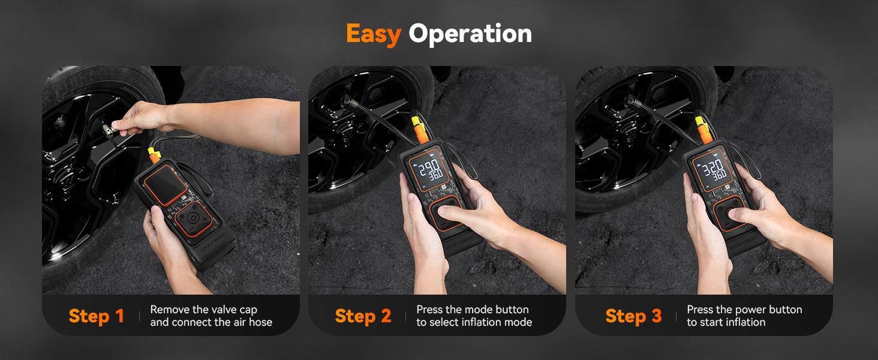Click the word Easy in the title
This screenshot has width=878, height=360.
(373, 34)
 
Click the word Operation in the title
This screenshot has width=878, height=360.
(470, 34)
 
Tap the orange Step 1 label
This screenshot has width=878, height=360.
(96, 316)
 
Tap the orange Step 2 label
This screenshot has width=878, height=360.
(363, 316)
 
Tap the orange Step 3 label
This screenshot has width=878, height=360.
(633, 316)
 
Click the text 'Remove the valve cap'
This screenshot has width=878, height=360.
(203, 310)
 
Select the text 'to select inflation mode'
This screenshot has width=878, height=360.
(474, 322)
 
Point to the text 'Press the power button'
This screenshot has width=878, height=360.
(744, 310)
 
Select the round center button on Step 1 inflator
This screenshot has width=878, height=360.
(191, 219)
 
